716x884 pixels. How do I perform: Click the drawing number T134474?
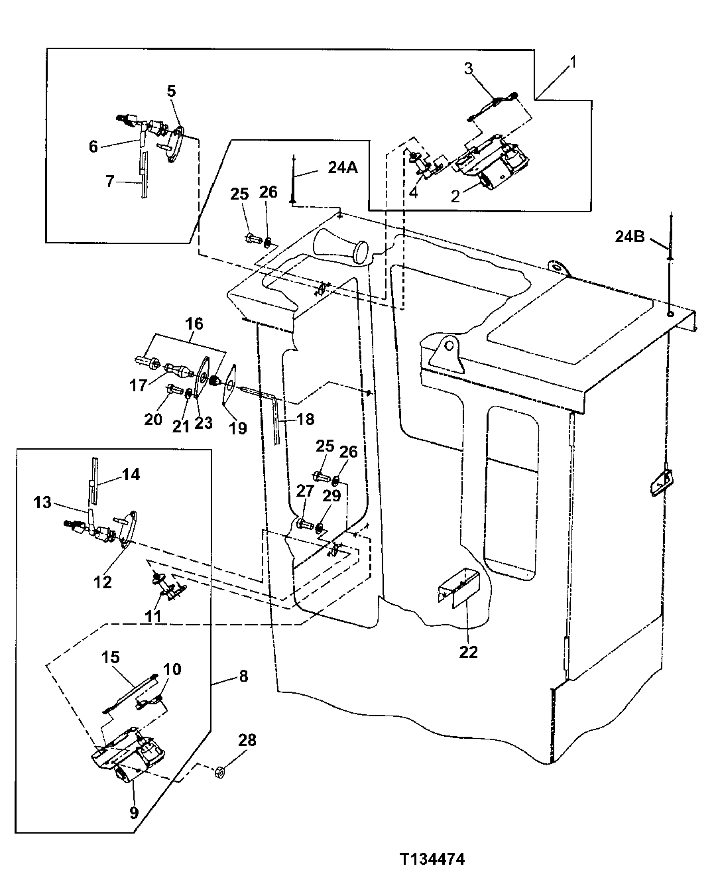(432, 859)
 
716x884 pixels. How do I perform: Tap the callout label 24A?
(342, 168)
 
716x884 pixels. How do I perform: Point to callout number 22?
(468, 651)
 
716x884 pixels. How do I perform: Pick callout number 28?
(247, 739)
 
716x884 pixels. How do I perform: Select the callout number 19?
(237, 428)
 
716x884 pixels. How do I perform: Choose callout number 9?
(134, 812)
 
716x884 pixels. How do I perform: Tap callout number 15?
(110, 657)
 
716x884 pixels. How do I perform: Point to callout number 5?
(171, 91)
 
